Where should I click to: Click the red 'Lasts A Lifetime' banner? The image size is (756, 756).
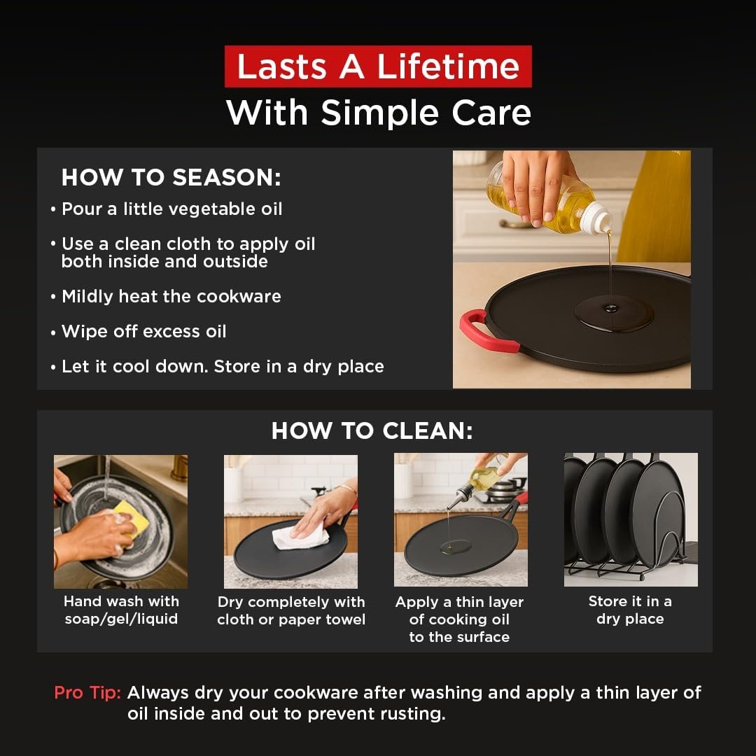point(378,66)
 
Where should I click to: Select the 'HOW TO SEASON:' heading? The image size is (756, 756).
point(171,177)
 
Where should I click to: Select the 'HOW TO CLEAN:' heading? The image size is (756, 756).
point(372,430)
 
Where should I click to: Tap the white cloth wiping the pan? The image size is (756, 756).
point(299,538)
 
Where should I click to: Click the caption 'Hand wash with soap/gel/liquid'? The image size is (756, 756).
point(122,610)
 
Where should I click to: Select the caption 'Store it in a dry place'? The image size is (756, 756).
point(630,610)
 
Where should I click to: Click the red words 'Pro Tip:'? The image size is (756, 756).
point(87,692)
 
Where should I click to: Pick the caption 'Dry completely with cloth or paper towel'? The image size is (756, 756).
point(291,610)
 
